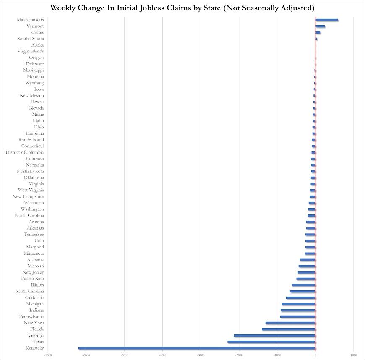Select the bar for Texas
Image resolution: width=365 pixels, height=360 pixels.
pos(271,342)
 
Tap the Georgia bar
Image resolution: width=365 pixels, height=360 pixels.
pos(274,335)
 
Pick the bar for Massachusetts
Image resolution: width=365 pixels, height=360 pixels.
pos(326,20)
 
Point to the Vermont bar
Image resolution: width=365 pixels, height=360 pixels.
pos(320,26)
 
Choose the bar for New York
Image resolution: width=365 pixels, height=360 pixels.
pos(290,323)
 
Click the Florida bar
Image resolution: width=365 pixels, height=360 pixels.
pos(288,329)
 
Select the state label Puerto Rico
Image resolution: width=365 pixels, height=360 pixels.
pos(32,279)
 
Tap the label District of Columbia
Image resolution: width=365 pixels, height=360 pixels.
pos(24,152)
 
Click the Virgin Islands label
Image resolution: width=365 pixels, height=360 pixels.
pos(30,51)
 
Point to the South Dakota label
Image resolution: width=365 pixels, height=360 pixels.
pos(30,39)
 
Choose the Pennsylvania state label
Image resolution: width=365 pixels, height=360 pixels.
pos(31,316)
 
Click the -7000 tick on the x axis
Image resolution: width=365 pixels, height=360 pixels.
pos(48,355)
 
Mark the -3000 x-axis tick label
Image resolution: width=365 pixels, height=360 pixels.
pos(201,355)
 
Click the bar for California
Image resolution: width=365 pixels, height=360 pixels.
pos(300,297)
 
